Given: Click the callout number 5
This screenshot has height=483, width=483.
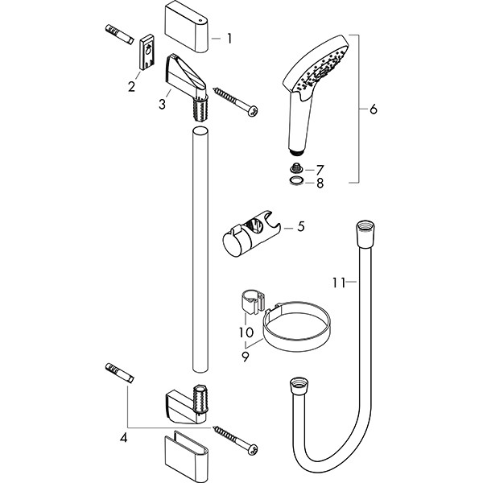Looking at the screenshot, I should coord(300,227).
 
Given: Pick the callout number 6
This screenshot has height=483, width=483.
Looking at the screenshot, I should coord(372,110).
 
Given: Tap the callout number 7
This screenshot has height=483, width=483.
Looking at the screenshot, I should coord(320,170).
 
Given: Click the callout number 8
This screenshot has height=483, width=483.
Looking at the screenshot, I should coord(320,184).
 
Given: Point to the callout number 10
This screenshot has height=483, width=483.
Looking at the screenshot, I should coord(244,331).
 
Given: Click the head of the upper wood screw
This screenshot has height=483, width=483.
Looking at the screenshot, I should coord(253,110).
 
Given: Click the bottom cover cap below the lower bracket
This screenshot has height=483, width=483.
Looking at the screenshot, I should coord(186,456).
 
